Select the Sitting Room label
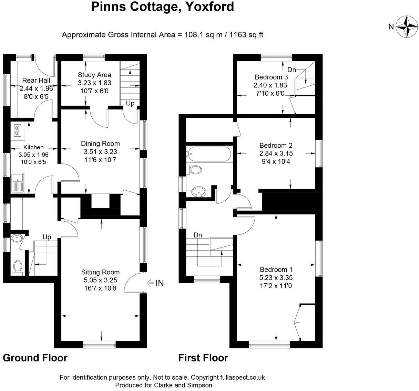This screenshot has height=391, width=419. click(100, 272)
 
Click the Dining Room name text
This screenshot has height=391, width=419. click(100, 144)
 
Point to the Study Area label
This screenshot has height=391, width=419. click(94, 75)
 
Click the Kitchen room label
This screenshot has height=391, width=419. click(33, 147)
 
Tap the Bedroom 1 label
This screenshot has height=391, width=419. click(276, 270)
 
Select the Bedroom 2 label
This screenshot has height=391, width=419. click(276, 145)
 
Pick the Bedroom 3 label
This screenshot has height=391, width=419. click(271, 77)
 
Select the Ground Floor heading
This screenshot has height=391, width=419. click(35, 358)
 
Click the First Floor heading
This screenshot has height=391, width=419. click(203, 358)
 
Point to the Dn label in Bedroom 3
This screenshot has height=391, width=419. click(292, 70)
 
